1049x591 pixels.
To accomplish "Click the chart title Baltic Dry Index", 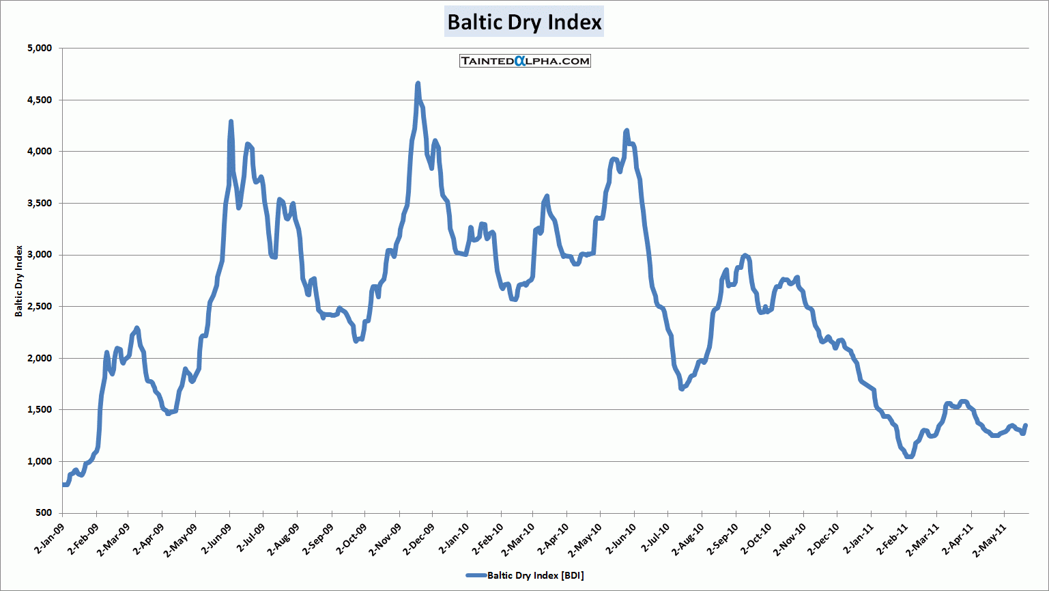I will (x=524, y=22).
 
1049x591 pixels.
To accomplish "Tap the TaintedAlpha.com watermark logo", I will (x=525, y=61).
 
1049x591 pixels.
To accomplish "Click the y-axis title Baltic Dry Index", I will (x=19, y=281).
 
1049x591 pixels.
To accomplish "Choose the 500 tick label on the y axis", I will (x=43, y=513).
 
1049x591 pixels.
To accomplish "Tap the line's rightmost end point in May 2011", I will (x=1025, y=426).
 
